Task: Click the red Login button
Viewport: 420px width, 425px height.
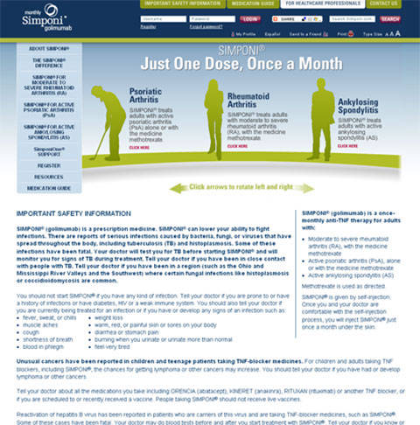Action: tap(250, 17)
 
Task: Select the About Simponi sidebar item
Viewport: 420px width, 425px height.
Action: tap(38, 50)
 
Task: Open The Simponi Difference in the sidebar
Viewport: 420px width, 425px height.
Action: tap(38, 64)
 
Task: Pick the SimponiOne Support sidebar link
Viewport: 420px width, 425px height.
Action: tap(38, 151)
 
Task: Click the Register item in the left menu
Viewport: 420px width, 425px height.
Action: tap(38, 164)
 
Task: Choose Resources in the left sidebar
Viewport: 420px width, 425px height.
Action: tap(38, 177)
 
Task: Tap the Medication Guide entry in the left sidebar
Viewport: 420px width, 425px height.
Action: tap(38, 188)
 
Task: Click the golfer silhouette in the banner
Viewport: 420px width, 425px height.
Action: tap(104, 122)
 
